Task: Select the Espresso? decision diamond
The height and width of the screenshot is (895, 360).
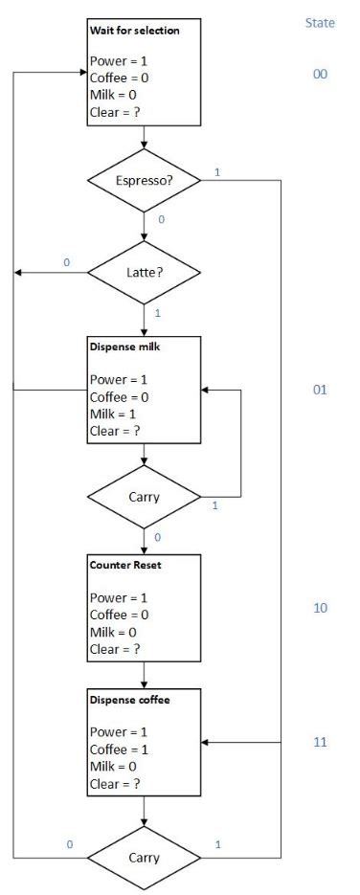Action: pos(144,179)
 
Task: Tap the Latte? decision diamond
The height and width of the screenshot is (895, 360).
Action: pos(144,273)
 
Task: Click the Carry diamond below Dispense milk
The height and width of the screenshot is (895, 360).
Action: pos(144,497)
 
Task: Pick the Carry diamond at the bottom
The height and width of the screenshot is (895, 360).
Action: pos(144,857)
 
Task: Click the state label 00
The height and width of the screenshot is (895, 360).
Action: pos(320,74)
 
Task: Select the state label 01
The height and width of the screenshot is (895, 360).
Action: pos(320,390)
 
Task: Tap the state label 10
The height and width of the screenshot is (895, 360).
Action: pos(320,608)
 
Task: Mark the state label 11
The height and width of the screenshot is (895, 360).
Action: pos(320,742)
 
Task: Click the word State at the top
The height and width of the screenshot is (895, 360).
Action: pos(320,22)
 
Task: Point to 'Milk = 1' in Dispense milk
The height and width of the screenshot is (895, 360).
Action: pos(117,413)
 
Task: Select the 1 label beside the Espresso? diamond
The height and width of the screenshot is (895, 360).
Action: pos(217,172)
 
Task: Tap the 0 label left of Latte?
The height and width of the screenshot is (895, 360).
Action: pos(66,262)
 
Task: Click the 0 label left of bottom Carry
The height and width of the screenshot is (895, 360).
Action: pos(69,844)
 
